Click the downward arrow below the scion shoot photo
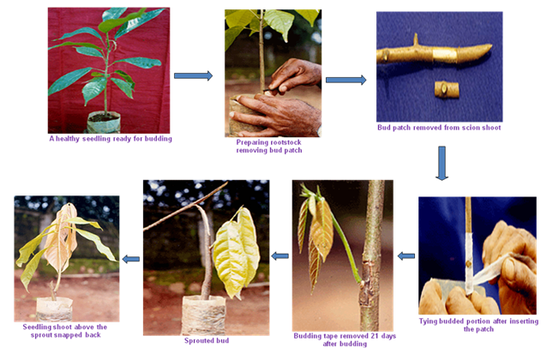point(442,163)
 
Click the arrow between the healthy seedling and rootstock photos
point(193,75)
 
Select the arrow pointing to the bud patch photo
point(346,80)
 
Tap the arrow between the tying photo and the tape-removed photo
point(406,256)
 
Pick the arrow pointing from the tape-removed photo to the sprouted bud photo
point(280,256)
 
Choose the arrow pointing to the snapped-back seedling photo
point(131,259)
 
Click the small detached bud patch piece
point(447,89)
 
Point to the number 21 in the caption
point(375,336)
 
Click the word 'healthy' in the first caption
point(68,139)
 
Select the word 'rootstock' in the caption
point(285,142)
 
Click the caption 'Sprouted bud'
point(207,340)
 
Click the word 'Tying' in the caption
point(429,321)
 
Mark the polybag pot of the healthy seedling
point(104,122)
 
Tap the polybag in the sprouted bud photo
point(204,315)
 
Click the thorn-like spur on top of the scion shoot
point(416,39)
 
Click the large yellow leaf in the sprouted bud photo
point(236,253)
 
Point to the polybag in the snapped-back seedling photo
point(54,309)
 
